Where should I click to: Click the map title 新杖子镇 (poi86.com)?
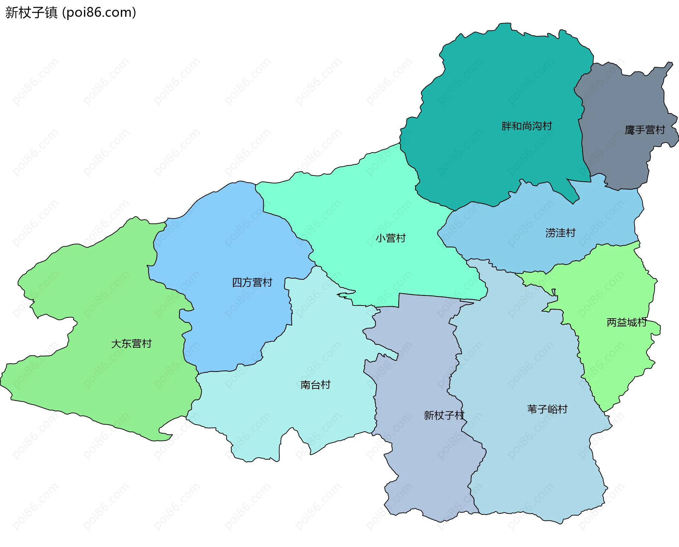71,12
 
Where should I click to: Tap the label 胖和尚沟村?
527,126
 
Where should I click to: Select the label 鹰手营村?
645,130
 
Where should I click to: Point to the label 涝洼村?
561,233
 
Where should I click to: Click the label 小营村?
390,238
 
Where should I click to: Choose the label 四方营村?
252,283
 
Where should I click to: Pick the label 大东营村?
131,344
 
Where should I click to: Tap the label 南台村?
315,385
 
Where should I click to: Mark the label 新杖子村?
444,415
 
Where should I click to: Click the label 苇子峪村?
547,409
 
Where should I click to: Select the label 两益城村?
627,323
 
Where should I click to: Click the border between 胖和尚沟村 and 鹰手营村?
581,135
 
